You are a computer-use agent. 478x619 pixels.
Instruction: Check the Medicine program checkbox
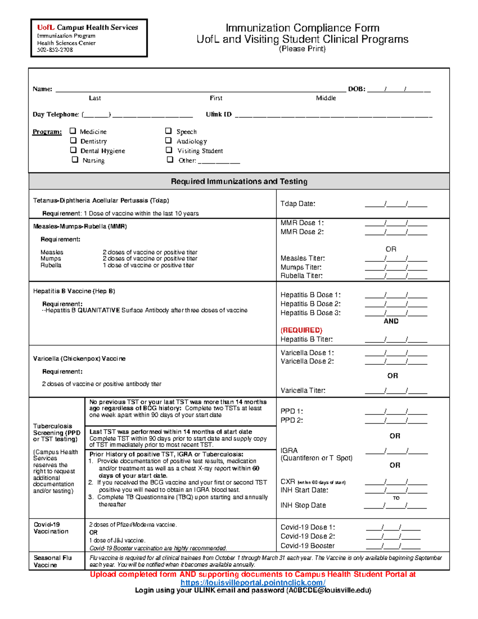73,131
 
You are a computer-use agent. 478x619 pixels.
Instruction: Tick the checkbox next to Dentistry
73,140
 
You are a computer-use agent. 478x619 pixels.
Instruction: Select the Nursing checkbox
75,159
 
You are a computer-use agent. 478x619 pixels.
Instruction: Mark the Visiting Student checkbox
169,150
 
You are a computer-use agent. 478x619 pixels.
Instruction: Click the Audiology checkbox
168,140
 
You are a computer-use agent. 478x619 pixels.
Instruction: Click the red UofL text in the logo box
46,28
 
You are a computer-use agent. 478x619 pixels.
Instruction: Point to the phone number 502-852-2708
55,50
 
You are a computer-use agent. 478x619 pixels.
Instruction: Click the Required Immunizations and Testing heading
239,181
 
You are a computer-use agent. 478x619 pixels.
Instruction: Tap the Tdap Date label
298,204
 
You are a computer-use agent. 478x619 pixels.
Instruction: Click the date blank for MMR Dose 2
396,232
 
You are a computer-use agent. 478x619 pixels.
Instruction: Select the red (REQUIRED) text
302,330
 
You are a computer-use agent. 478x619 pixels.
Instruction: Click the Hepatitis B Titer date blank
396,340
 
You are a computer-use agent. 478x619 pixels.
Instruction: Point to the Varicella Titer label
303,391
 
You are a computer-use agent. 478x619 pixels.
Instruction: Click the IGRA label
289,450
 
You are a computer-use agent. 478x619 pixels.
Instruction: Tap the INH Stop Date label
303,505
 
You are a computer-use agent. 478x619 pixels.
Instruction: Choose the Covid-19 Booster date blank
393,546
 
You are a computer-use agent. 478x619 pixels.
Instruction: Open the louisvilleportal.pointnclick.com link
253,583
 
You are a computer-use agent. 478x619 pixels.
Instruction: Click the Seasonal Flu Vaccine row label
53,561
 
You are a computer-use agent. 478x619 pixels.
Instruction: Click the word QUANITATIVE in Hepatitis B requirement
98,310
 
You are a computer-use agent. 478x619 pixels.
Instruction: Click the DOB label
357,89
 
